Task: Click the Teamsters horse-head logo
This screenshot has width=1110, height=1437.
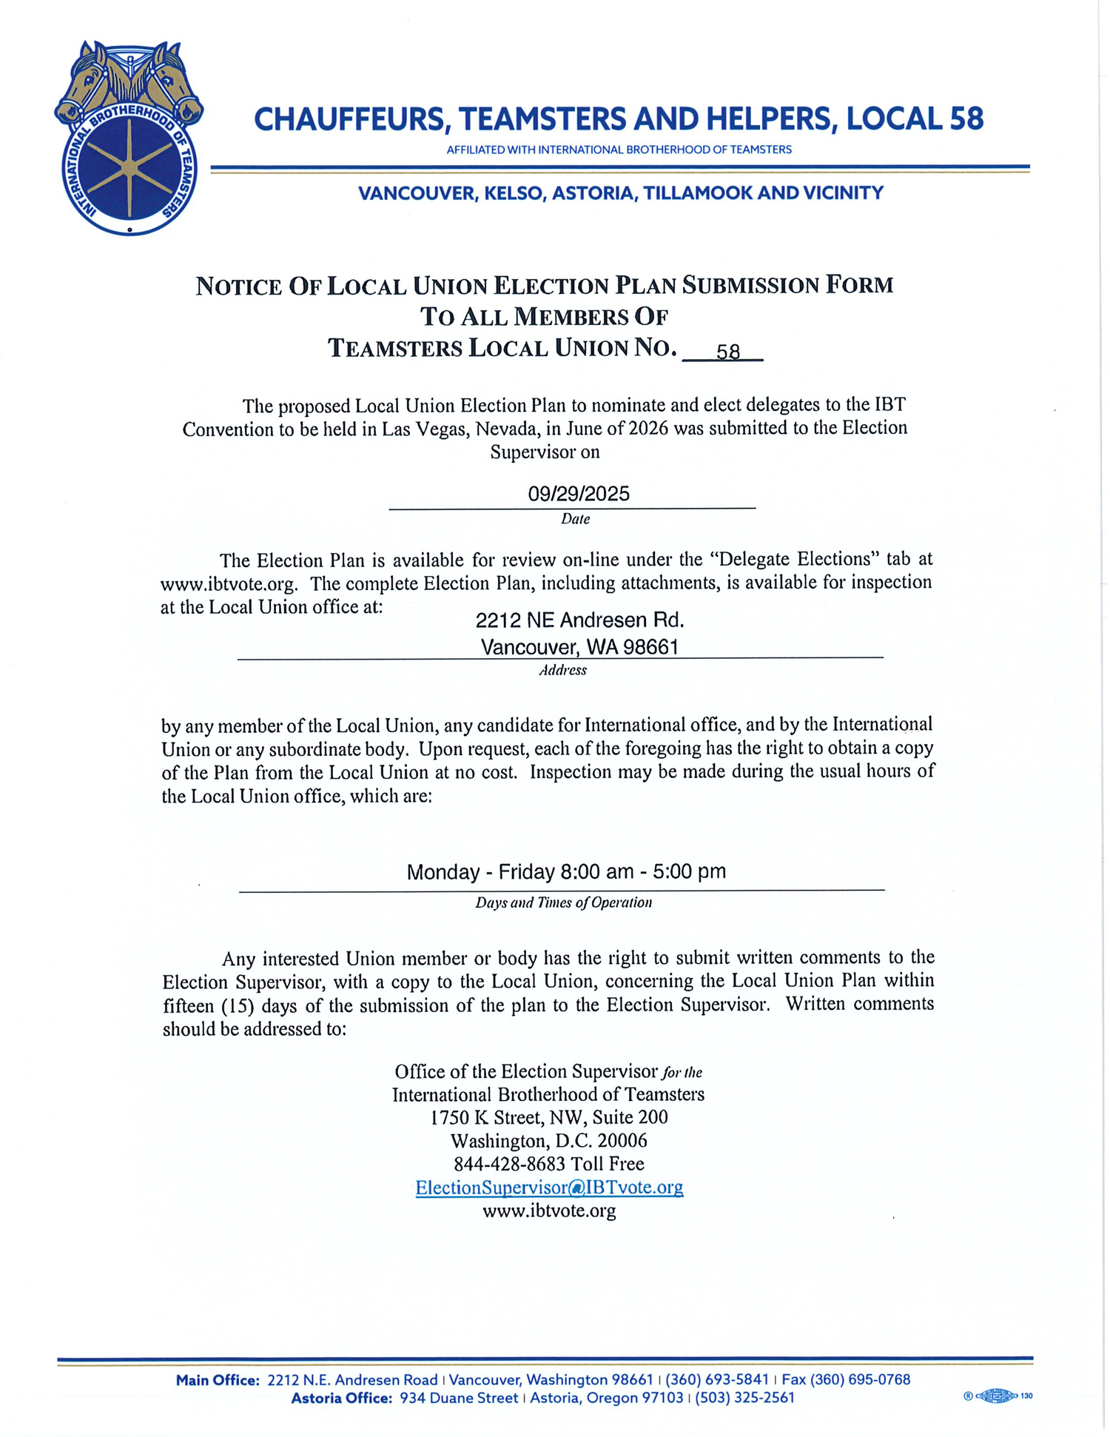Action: pyautogui.click(x=129, y=138)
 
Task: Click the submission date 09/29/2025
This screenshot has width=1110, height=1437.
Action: pyautogui.click(x=578, y=494)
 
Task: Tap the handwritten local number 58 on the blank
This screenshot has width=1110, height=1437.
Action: pyautogui.click(x=727, y=352)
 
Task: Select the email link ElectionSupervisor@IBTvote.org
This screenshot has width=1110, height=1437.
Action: pyautogui.click(x=549, y=1188)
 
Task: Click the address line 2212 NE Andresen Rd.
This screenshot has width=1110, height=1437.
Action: pyautogui.click(x=579, y=620)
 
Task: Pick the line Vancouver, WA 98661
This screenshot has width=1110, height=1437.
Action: pyautogui.click(x=579, y=647)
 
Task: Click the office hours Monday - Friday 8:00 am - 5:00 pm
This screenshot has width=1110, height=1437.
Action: pyautogui.click(x=566, y=871)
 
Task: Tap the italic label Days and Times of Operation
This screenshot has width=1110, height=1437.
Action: pyautogui.click(x=563, y=902)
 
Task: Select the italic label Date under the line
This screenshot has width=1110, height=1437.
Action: pyautogui.click(x=575, y=519)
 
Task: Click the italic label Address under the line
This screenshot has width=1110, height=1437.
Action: pyautogui.click(x=562, y=671)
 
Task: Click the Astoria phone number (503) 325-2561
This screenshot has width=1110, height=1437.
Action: pyautogui.click(x=744, y=1398)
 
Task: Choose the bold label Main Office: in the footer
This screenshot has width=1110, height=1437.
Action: pyautogui.click(x=218, y=1379)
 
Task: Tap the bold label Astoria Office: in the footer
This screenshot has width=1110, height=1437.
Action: pyautogui.click(x=341, y=1398)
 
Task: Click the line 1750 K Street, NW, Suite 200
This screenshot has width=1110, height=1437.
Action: pyautogui.click(x=549, y=1117)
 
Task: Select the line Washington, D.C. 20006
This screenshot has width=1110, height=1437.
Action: pyautogui.click(x=549, y=1140)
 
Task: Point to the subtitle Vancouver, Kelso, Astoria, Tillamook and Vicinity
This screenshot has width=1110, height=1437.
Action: pyautogui.click(x=620, y=193)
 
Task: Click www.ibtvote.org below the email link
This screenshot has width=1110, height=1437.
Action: pyautogui.click(x=549, y=1211)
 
